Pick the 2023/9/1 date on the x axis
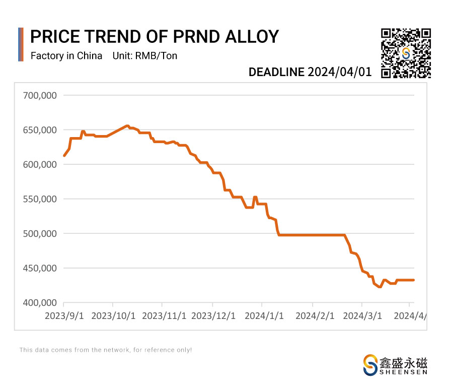[x=64, y=316]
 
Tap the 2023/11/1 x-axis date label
[x=164, y=316]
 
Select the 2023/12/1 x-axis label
[x=214, y=316]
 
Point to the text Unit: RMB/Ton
[x=145, y=56]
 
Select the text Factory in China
[x=66, y=56]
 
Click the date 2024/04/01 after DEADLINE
[x=340, y=72]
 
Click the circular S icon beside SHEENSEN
[x=370, y=365]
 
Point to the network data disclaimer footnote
[x=106, y=350]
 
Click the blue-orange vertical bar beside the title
[x=21, y=44]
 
